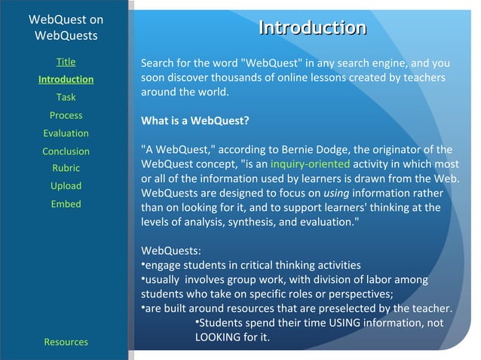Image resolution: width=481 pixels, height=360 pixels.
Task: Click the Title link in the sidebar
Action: (66, 62)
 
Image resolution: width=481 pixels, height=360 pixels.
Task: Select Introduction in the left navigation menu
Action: (66, 79)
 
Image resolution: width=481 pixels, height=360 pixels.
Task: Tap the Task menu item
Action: (66, 97)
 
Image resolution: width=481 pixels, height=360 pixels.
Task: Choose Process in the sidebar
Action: (66, 115)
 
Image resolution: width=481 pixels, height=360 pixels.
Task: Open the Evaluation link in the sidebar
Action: (66, 133)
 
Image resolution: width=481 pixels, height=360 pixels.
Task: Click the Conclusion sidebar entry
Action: (66, 151)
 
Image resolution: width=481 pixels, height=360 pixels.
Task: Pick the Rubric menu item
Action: (66, 168)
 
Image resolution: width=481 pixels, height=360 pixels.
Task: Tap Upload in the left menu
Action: (66, 186)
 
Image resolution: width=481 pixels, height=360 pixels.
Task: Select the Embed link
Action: (66, 204)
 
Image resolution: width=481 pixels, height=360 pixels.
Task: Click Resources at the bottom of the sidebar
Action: (66, 342)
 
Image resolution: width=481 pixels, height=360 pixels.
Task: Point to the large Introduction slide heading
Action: (312, 28)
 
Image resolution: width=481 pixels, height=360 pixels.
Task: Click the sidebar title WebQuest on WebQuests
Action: (66, 27)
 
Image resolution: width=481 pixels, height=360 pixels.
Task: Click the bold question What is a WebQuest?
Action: (195, 121)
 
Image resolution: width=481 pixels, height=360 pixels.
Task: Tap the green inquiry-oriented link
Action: (310, 163)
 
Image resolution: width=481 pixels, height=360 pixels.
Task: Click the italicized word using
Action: (335, 193)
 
